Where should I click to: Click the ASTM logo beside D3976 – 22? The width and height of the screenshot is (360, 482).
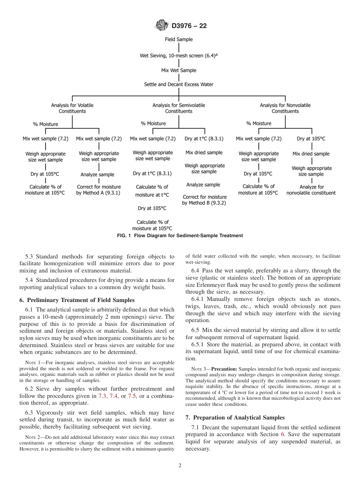click(162, 26)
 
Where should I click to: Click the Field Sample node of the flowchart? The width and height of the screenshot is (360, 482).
click(178, 39)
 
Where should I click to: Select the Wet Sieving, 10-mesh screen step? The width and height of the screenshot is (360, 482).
click(178, 55)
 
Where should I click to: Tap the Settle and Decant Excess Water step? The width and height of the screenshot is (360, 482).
click(178, 85)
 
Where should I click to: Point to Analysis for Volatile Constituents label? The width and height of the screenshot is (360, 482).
click(72, 108)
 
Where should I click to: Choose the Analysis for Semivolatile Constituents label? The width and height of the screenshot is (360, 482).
click(178, 108)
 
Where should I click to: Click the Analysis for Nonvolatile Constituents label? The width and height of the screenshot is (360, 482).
click(285, 108)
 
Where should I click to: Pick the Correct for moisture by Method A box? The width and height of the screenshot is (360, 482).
click(99, 190)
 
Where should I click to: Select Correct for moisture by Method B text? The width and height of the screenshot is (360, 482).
click(204, 200)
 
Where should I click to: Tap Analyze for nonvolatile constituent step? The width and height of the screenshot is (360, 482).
click(311, 190)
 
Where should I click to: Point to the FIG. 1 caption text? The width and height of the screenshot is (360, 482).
click(180, 236)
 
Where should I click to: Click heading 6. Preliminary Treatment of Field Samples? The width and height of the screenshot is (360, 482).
click(77, 300)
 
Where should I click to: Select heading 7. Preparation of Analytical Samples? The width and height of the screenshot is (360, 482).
click(235, 418)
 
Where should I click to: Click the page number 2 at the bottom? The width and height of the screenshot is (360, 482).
click(180, 466)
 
